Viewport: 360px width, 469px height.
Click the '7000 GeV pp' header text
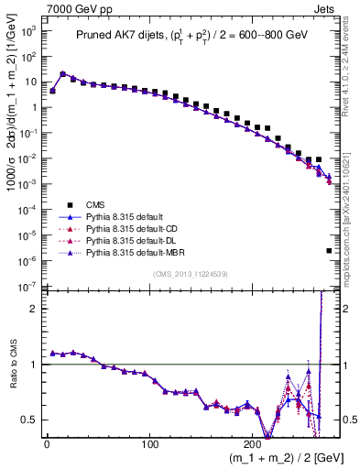click(x=70, y=8)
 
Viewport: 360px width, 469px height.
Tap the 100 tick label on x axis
click(x=150, y=442)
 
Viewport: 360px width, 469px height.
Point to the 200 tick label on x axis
click(x=254, y=442)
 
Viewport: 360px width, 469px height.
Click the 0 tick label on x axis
click(x=47, y=442)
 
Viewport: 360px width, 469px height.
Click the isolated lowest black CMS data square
click(x=329, y=250)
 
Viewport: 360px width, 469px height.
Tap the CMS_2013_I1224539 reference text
click(x=190, y=272)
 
